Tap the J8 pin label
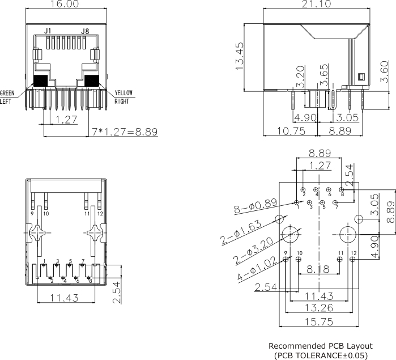[x=85, y=31]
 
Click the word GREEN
[x=7, y=94]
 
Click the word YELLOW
[x=124, y=94]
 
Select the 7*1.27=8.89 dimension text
[x=125, y=132]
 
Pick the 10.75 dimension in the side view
[x=288, y=130]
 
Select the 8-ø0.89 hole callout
[x=256, y=207]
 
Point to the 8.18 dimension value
[x=317, y=271]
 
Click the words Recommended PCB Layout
[x=320, y=346]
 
